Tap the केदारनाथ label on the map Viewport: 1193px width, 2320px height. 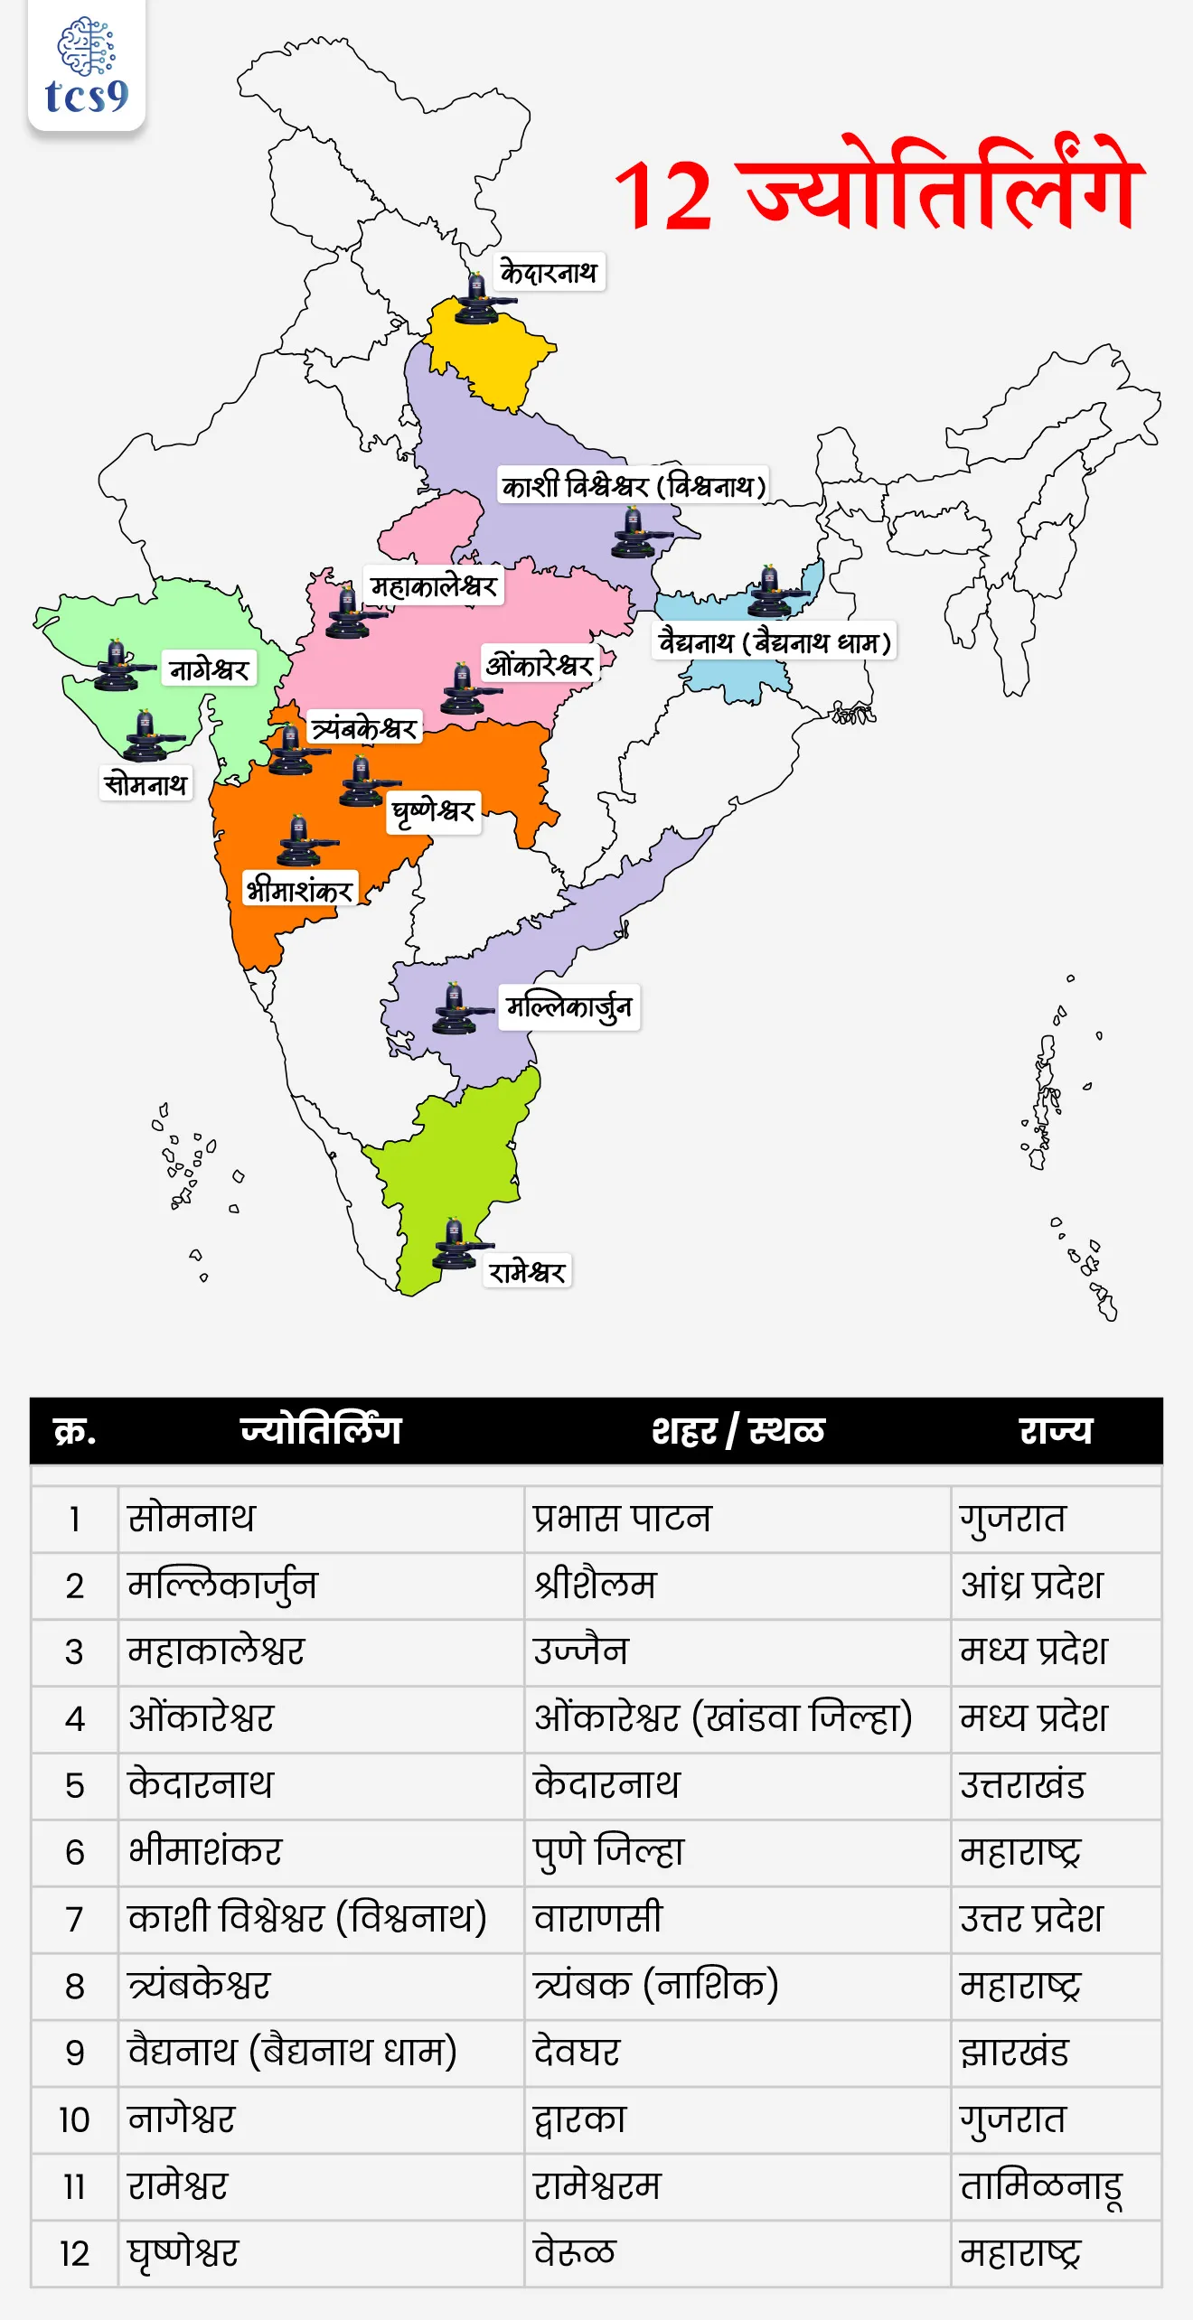click(x=550, y=272)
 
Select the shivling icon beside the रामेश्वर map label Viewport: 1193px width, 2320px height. click(x=456, y=1246)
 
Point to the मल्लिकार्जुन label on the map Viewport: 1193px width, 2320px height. click(x=568, y=1006)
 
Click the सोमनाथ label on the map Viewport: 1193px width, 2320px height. click(x=146, y=783)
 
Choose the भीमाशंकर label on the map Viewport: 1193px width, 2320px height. click(x=299, y=891)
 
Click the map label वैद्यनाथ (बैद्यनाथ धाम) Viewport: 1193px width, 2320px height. click(x=775, y=642)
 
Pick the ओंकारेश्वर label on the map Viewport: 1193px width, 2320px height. click(x=540, y=666)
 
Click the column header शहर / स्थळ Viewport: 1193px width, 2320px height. click(x=737, y=1431)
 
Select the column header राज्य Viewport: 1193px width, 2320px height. click(x=1056, y=1431)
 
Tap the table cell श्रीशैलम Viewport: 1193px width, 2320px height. click(x=596, y=1586)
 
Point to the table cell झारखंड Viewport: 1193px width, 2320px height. click(x=1014, y=2053)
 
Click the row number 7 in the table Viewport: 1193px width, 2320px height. click(x=75, y=1919)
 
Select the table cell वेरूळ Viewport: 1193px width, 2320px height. click(x=575, y=2253)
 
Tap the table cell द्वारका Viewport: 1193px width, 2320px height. click(x=580, y=2119)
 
